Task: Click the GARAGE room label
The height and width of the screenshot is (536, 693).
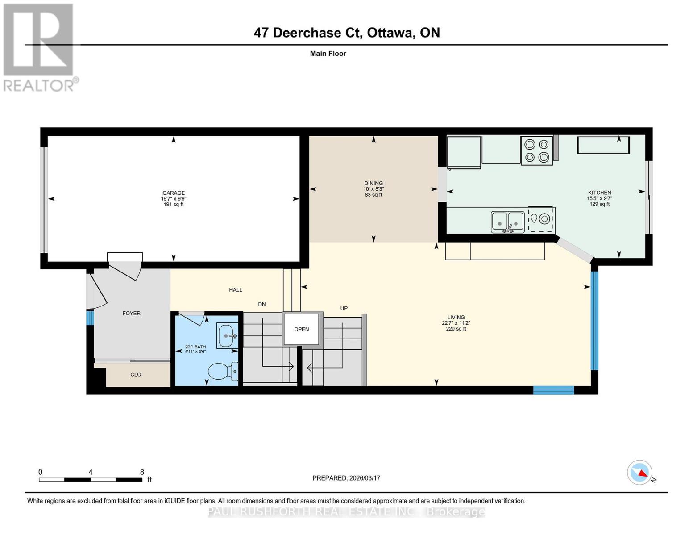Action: (x=173, y=193)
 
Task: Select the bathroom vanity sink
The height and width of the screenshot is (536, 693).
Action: (x=226, y=335)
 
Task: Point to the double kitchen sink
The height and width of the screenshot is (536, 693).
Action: (x=507, y=222)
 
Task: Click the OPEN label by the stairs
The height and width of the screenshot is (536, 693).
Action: (x=301, y=329)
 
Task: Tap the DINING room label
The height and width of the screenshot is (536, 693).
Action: (x=373, y=183)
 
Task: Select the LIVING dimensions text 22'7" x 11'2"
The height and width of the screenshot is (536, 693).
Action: (x=456, y=323)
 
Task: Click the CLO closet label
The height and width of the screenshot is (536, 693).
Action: (x=136, y=374)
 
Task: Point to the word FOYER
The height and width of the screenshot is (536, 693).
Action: (x=131, y=313)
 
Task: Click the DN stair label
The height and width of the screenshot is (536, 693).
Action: (x=262, y=304)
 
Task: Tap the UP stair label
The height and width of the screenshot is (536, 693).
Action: (x=344, y=308)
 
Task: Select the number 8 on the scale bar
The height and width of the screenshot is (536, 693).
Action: (x=142, y=472)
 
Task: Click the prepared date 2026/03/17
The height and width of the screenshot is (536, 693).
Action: (x=365, y=478)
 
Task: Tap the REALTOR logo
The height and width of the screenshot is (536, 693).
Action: (x=38, y=47)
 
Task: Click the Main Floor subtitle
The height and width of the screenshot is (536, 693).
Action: (x=328, y=54)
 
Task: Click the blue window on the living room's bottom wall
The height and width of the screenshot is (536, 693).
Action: (x=553, y=390)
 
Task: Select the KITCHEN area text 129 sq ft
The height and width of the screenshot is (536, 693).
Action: (x=599, y=204)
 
